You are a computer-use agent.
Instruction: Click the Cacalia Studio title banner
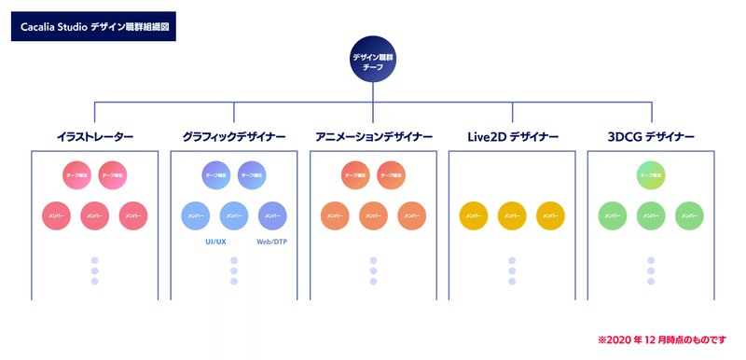coord(92,27)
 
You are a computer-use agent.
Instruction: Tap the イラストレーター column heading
coord(95,137)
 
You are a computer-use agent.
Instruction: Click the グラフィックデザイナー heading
coord(234,137)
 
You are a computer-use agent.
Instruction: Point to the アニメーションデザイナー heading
coord(373,137)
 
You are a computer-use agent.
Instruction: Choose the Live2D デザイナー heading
coord(512,137)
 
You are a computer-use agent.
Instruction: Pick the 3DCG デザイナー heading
coord(651,137)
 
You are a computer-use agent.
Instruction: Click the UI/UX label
coord(215,242)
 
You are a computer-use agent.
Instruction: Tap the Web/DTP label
coord(271,242)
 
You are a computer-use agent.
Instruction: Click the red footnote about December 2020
coord(661,339)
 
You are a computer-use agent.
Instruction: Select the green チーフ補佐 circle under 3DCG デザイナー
coord(651,175)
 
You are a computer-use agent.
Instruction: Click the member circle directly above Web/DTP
coord(272,215)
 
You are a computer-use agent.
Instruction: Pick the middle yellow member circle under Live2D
coord(512,215)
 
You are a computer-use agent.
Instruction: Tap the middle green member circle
coord(651,215)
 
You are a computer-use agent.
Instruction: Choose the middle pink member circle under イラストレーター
coord(95,215)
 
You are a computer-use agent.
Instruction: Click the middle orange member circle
coord(373,215)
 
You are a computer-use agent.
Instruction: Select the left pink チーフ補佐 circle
coord(76,175)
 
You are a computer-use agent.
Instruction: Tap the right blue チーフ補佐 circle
coord(252,175)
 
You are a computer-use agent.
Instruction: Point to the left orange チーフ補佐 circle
coord(354,175)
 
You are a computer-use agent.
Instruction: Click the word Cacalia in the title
coord(39,27)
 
